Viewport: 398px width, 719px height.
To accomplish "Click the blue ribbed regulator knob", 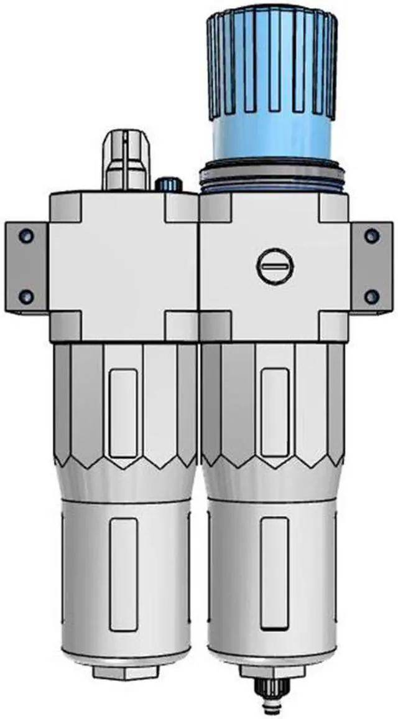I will (272, 62).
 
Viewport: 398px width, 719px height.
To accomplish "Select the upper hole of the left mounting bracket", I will (25, 236).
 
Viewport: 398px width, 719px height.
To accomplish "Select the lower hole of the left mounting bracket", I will (25, 297).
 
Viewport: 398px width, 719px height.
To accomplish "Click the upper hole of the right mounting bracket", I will (371, 236).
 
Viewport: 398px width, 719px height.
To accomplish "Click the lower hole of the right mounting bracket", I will (371, 297).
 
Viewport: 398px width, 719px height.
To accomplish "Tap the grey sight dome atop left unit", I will (127, 159).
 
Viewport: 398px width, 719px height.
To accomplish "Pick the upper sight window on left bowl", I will (123, 413).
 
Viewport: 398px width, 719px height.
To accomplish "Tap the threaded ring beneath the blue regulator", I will (272, 176).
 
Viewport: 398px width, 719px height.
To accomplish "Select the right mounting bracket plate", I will (371, 266).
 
